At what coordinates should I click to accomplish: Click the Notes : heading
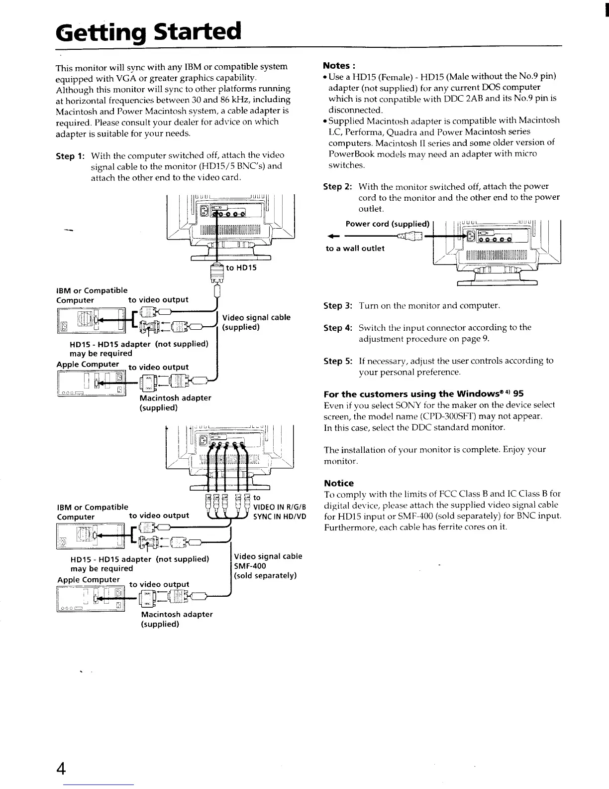(x=340, y=66)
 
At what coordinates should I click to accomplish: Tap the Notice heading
(x=339, y=483)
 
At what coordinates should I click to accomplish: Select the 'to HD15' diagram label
(x=241, y=268)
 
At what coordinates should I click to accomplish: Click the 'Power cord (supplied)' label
(x=387, y=223)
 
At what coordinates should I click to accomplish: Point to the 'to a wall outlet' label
(x=355, y=248)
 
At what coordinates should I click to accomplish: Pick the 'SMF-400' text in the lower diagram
(x=250, y=566)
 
